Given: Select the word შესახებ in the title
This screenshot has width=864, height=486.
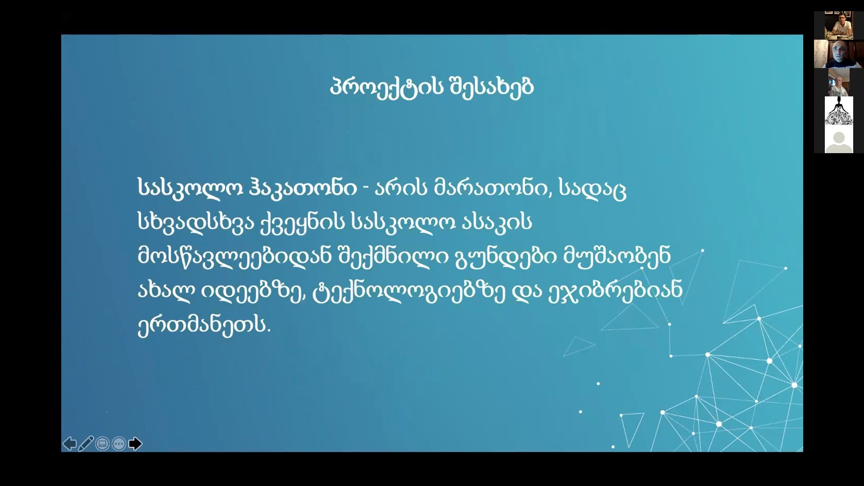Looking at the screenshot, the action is tap(492, 87).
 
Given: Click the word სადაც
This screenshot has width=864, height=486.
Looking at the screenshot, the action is tap(593, 189).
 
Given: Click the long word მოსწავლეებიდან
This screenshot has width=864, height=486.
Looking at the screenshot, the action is tap(235, 256).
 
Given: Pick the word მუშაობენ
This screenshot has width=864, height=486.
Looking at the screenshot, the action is tap(617, 256).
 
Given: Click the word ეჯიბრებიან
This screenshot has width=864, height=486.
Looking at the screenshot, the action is tap(615, 290).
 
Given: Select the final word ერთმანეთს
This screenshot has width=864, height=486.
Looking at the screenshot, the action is tap(204, 324).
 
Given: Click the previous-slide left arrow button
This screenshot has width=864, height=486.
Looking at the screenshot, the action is tap(69, 444).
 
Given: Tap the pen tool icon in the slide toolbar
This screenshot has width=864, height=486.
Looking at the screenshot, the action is tap(86, 444).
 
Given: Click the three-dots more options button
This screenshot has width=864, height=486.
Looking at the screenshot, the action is tap(119, 444).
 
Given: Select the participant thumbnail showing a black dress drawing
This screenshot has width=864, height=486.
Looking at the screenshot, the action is tap(838, 110).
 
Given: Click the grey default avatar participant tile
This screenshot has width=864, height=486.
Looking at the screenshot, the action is tap(838, 139).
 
